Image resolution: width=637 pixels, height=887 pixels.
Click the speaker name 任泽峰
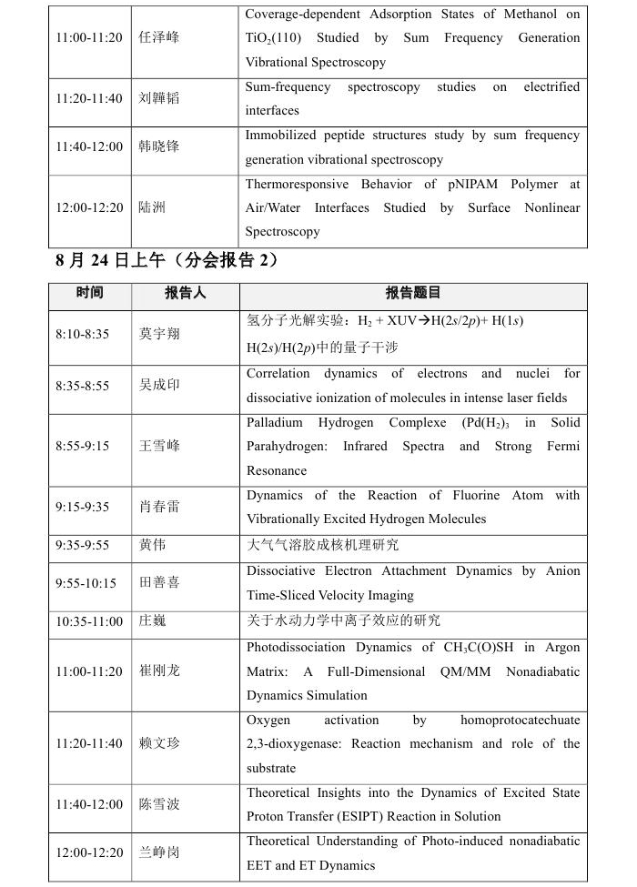click(158, 38)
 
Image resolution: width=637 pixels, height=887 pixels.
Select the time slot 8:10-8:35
click(82, 334)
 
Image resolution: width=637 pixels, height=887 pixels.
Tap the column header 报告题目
click(413, 293)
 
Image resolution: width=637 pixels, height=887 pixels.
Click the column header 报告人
click(186, 293)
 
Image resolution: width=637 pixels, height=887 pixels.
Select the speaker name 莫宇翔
click(159, 334)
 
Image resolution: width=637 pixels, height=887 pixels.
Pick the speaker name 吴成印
click(159, 386)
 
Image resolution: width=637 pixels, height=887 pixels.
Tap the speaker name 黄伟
click(152, 546)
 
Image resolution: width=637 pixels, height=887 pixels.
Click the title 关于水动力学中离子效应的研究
click(343, 620)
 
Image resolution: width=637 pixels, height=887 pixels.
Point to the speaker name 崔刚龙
click(159, 670)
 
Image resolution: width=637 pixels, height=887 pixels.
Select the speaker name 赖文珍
click(159, 743)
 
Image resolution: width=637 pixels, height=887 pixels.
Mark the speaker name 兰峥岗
click(159, 852)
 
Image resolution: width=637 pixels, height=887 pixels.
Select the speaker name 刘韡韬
click(158, 98)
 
